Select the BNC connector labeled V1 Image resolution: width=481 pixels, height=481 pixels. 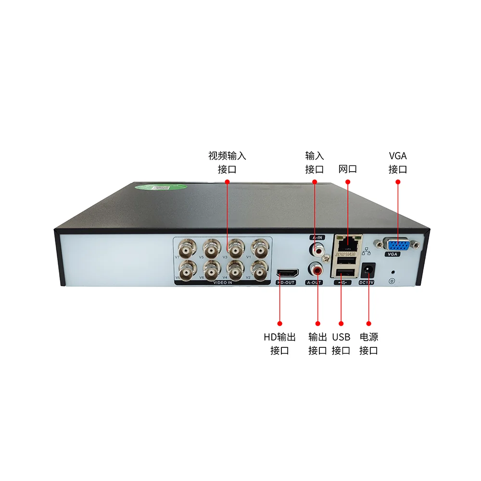[x=260, y=249]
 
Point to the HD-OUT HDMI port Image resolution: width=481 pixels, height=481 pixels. [x=287, y=274]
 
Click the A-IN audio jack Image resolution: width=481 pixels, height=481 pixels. [x=317, y=250]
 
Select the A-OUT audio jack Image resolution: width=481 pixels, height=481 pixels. [x=317, y=268]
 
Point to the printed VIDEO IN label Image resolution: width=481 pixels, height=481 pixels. [x=223, y=283]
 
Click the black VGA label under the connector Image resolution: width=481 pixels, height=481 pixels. [x=392, y=254]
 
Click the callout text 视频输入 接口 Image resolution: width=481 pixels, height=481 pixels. [x=227, y=163]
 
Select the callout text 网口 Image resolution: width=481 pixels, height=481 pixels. [x=348, y=169]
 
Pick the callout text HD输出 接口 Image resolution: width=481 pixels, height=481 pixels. [x=279, y=343]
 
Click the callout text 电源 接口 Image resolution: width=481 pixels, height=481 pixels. [x=369, y=343]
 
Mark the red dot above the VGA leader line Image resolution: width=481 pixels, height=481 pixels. [x=398, y=182]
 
